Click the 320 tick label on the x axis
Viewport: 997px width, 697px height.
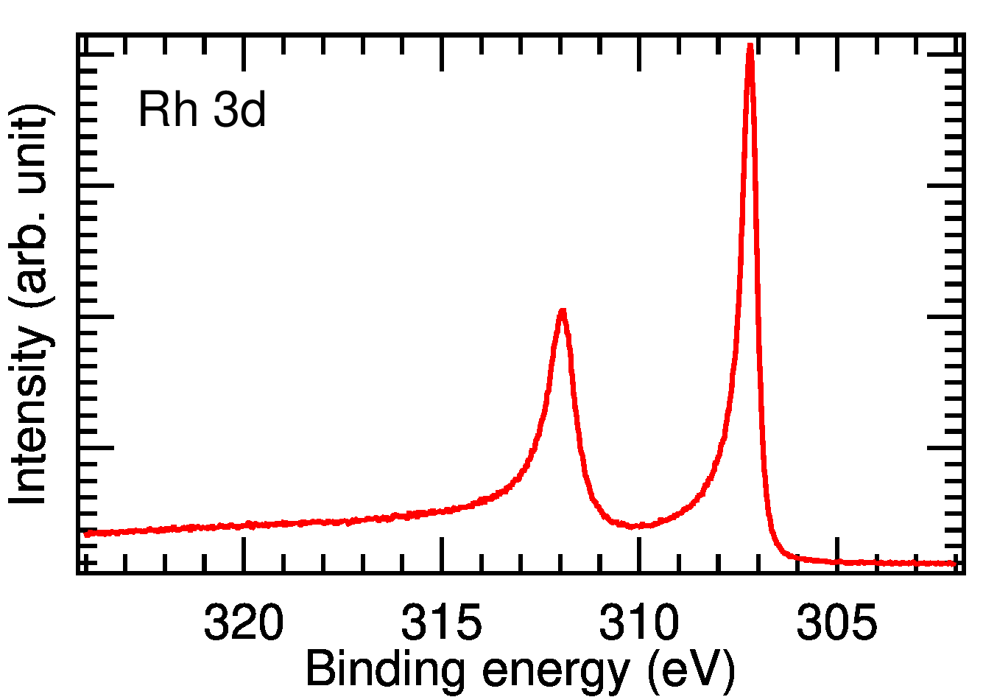(243, 623)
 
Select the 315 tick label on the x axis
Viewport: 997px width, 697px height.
(441, 623)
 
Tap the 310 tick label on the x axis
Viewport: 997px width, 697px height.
(638, 623)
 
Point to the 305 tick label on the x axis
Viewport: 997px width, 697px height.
(836, 623)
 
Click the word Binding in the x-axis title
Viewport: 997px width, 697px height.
(384, 670)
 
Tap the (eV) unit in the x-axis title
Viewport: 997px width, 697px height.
(691, 670)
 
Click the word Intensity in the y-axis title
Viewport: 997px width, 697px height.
(29, 416)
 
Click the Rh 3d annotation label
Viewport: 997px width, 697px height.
(202, 111)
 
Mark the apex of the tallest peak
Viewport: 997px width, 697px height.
(750, 46)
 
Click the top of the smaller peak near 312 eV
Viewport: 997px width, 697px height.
(563, 311)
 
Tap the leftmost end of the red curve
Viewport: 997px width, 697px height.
(86, 533)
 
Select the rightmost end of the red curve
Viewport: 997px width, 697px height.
(955, 564)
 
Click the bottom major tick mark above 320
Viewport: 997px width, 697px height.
(244, 554)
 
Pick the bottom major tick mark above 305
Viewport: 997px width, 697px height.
(837, 554)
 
